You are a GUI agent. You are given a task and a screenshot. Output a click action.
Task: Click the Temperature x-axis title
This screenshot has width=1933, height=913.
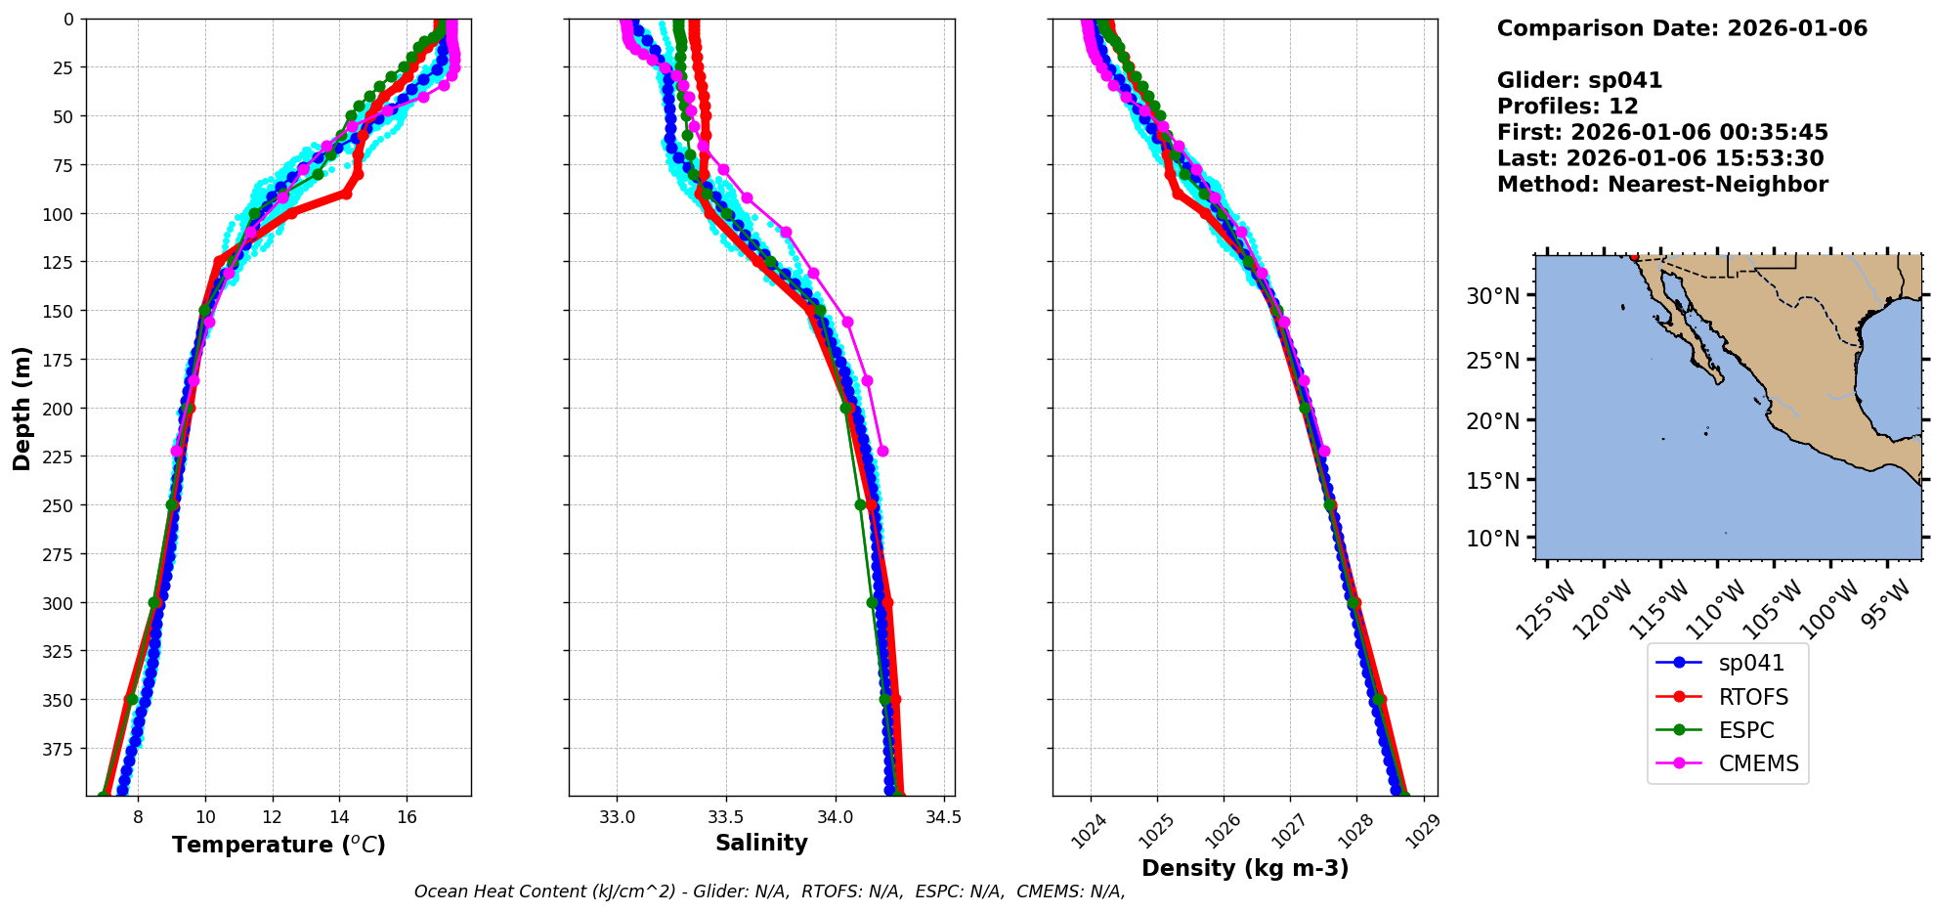279,845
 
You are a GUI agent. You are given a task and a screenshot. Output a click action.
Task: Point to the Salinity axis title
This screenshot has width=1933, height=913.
761,843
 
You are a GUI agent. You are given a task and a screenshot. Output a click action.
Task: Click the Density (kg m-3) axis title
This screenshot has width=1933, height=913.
1244,868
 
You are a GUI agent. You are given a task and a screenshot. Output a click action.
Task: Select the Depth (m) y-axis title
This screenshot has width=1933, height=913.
21,408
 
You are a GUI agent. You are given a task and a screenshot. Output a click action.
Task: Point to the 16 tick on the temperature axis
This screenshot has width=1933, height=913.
407,816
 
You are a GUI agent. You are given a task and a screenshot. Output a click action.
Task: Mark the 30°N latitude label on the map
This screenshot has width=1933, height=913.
1492,295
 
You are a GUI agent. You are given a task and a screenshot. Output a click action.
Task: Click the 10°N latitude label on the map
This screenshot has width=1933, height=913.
1492,539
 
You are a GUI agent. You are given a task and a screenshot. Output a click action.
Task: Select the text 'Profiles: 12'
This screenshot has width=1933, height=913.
1567,107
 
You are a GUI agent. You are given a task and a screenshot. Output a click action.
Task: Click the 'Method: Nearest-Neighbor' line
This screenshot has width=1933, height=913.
1661,185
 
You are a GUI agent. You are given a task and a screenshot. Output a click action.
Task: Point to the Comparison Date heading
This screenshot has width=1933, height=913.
1681,28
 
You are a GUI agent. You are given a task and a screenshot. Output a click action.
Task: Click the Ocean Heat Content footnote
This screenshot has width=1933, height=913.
769,891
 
